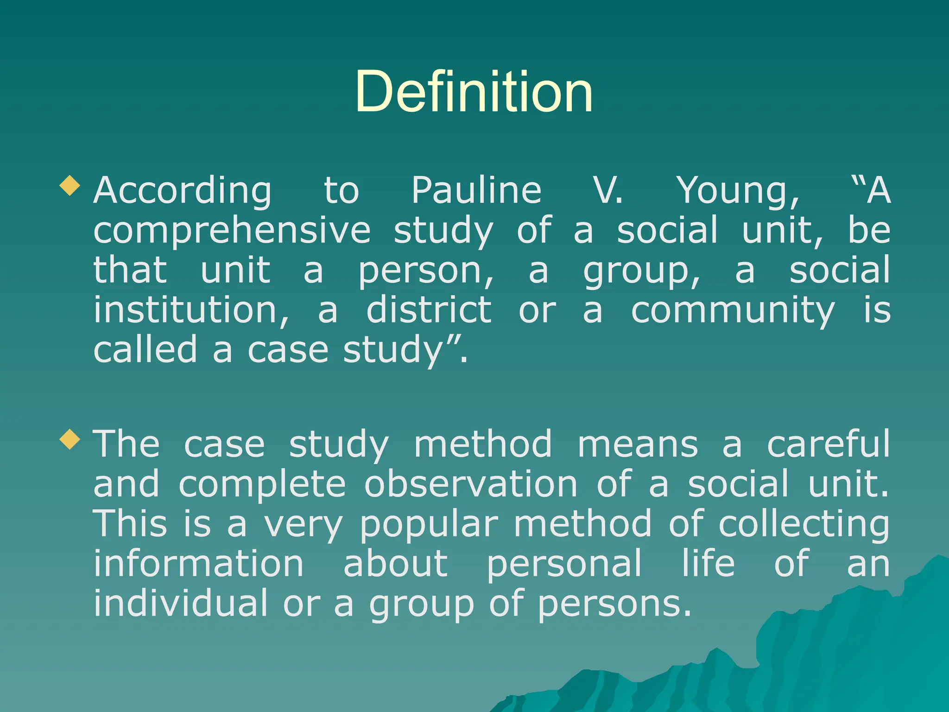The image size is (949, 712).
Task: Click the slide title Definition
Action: tap(474, 91)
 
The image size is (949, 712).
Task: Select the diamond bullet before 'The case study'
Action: tap(70, 439)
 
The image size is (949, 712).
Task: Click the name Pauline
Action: tap(476, 191)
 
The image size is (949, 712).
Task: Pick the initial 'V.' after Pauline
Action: tap(608, 191)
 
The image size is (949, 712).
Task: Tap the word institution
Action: tap(191, 311)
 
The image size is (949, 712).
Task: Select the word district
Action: tap(429, 311)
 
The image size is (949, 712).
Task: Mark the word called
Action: tap(146, 350)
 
